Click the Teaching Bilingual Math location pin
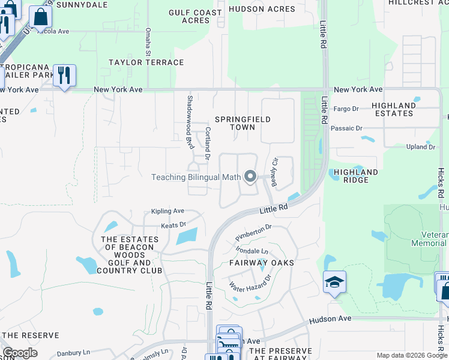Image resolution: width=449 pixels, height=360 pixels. point(250,177)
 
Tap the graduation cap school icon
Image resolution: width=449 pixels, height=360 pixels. point(334,283)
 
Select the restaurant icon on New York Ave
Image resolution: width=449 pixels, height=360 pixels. point(64,76)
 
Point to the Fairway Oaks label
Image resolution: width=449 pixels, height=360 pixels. point(262,263)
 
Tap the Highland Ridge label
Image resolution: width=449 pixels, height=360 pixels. point(356,176)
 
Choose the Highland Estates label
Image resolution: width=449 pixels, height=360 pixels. point(394,109)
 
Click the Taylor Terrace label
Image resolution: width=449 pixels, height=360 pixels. point(146,62)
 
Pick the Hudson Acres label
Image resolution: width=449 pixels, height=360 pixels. point(270,9)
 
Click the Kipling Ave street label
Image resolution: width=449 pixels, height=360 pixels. point(167,211)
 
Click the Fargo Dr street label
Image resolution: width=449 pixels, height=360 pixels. point(346,109)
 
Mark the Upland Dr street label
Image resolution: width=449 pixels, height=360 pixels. point(420,146)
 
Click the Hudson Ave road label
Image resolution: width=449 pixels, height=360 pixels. point(330,320)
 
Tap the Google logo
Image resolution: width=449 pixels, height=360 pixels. point(20,353)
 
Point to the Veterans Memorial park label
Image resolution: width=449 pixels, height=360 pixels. point(429,239)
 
